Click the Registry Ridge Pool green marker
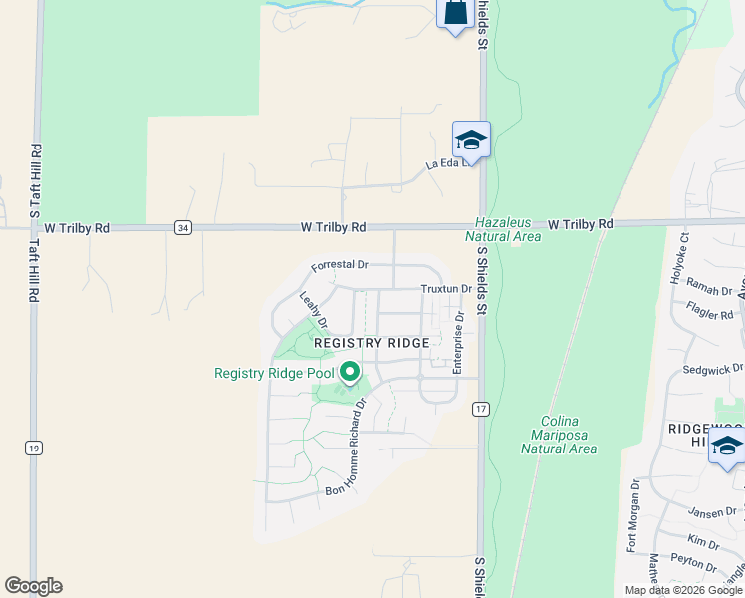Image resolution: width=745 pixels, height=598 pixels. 350,374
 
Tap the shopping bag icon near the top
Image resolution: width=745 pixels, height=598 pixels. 454,13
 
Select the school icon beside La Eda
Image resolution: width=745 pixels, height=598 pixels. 471,140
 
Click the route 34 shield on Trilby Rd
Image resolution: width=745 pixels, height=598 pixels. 182,228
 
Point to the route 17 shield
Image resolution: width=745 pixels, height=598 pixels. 482,409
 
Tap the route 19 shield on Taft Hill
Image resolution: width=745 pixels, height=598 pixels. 33,448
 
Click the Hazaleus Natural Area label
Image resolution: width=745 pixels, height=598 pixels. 503,230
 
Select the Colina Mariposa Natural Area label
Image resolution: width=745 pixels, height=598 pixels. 559,435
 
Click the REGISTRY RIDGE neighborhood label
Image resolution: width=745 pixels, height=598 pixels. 372,343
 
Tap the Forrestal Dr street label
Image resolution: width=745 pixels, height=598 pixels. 340,266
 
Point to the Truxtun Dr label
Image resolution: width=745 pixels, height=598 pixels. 445,289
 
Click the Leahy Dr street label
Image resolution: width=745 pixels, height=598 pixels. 314,310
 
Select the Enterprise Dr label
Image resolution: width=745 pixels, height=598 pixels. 459,343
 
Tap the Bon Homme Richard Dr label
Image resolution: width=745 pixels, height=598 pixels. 347,448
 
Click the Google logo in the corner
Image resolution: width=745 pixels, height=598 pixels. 33,586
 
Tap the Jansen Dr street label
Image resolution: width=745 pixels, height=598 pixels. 711,511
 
